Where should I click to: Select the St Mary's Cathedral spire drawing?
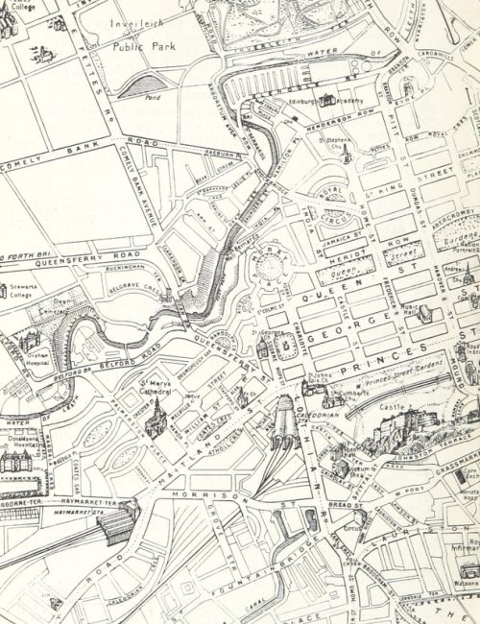153,423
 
